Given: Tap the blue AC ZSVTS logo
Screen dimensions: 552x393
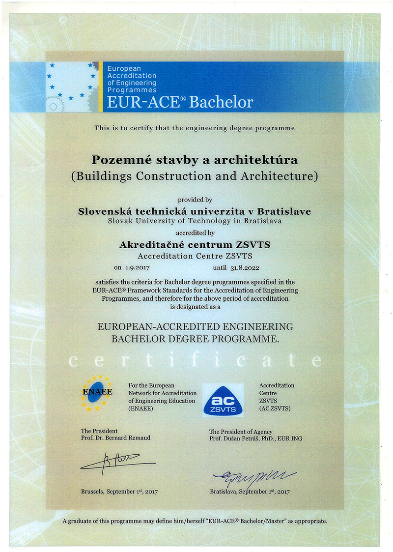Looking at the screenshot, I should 223,400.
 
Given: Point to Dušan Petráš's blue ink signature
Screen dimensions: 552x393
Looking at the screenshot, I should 253,476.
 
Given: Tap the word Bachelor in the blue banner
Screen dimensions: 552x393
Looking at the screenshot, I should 221,102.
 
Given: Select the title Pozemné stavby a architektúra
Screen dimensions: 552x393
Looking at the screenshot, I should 195,160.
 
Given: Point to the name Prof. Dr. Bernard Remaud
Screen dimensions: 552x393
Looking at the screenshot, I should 115,438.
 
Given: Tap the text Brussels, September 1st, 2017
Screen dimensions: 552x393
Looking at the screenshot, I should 119,491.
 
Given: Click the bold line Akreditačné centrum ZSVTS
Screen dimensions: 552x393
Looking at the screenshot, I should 195,244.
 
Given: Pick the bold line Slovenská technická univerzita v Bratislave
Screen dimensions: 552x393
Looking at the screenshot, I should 195,211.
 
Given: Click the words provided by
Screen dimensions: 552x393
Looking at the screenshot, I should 195,200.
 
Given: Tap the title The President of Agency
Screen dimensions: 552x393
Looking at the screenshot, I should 241,432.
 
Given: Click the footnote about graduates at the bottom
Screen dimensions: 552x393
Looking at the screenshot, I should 195,521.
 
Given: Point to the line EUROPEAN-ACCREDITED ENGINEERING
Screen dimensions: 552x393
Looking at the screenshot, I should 195,326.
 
